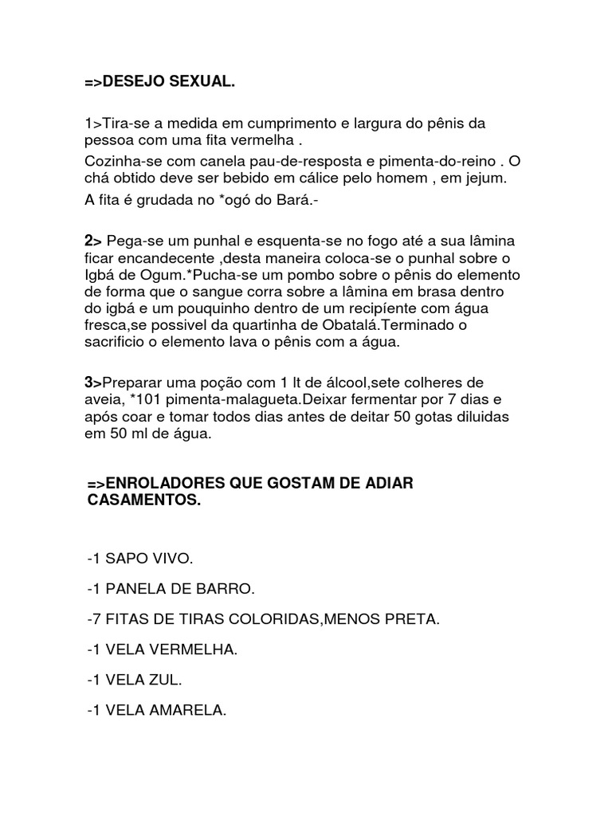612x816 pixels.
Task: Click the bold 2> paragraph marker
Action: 92,240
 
